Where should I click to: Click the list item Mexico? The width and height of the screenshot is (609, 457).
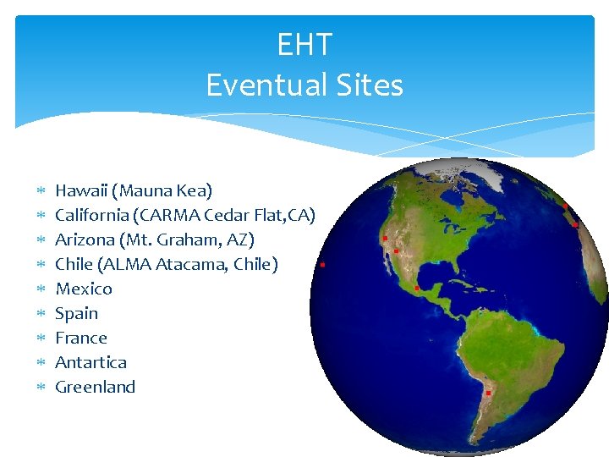coord(83,289)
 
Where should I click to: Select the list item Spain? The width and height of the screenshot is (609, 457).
coord(76,314)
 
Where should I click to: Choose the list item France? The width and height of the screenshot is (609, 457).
coord(81,339)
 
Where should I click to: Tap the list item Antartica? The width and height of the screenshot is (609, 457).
coord(91,363)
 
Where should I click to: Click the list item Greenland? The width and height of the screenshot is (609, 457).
coord(95,388)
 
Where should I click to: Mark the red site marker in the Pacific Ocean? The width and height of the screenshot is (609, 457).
coord(323,265)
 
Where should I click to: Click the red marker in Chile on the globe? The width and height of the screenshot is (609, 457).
coord(488,393)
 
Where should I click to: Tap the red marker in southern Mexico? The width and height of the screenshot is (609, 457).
coord(417,289)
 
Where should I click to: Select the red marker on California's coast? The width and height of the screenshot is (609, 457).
coord(384,239)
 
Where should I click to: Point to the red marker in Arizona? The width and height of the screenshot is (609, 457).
coord(396,251)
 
